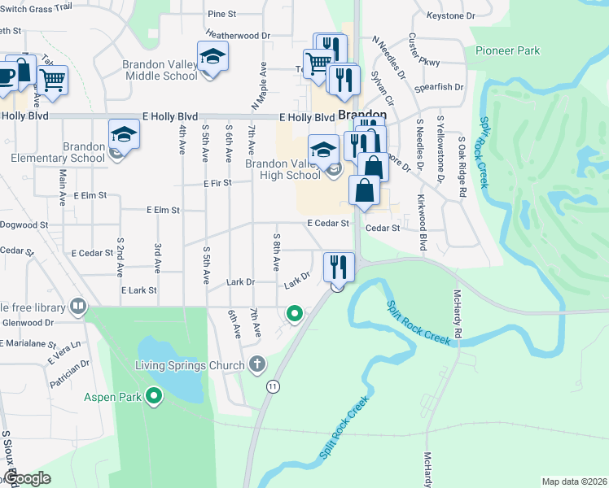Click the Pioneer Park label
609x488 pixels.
pyautogui.click(x=509, y=50)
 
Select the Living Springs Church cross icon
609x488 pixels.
pyautogui.click(x=257, y=364)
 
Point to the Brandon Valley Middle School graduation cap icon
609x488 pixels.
pyautogui.click(x=212, y=56)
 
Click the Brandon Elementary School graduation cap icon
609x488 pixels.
pyautogui.click(x=125, y=133)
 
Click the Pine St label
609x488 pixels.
pyautogui.click(x=221, y=14)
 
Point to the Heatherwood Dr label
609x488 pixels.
pyautogui.click(x=238, y=36)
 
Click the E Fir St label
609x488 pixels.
pyautogui.click(x=218, y=184)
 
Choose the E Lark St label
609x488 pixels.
pyautogui.click(x=138, y=290)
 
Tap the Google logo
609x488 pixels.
pyautogui.click(x=28, y=479)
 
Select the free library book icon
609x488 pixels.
pyautogui.click(x=78, y=307)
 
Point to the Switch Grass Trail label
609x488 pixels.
pyautogui.click(x=36, y=7)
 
